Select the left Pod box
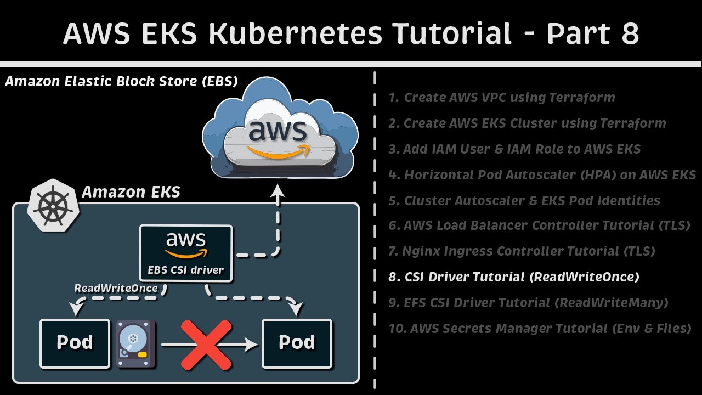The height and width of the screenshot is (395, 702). pyautogui.click(x=75, y=343)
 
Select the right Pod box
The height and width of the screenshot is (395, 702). pyautogui.click(x=297, y=343)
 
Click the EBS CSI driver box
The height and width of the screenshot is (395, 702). pyautogui.click(x=186, y=253)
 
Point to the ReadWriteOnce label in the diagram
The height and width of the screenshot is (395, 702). pyautogui.click(x=116, y=288)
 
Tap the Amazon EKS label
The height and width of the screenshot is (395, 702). pyautogui.click(x=131, y=192)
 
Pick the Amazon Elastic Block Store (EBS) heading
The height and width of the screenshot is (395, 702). pyautogui.click(x=121, y=82)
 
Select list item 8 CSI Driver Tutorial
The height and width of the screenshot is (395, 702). pyautogui.click(x=514, y=277)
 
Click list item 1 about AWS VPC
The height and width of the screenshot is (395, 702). pyautogui.click(x=502, y=98)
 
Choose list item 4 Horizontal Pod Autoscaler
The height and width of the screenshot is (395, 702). pyautogui.click(x=542, y=175)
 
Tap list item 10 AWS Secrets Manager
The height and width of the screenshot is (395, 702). pyautogui.click(x=540, y=329)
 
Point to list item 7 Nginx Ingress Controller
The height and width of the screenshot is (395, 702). pyautogui.click(x=522, y=251)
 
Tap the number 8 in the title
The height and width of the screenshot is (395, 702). pyautogui.click(x=629, y=34)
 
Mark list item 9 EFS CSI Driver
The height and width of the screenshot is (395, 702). pyautogui.click(x=528, y=303)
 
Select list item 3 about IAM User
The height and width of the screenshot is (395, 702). pyautogui.click(x=514, y=149)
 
